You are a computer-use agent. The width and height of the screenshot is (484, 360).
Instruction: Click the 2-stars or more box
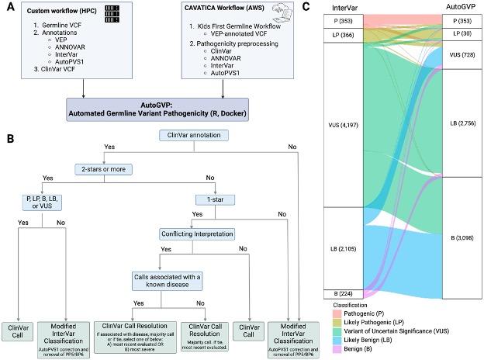(105, 168)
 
